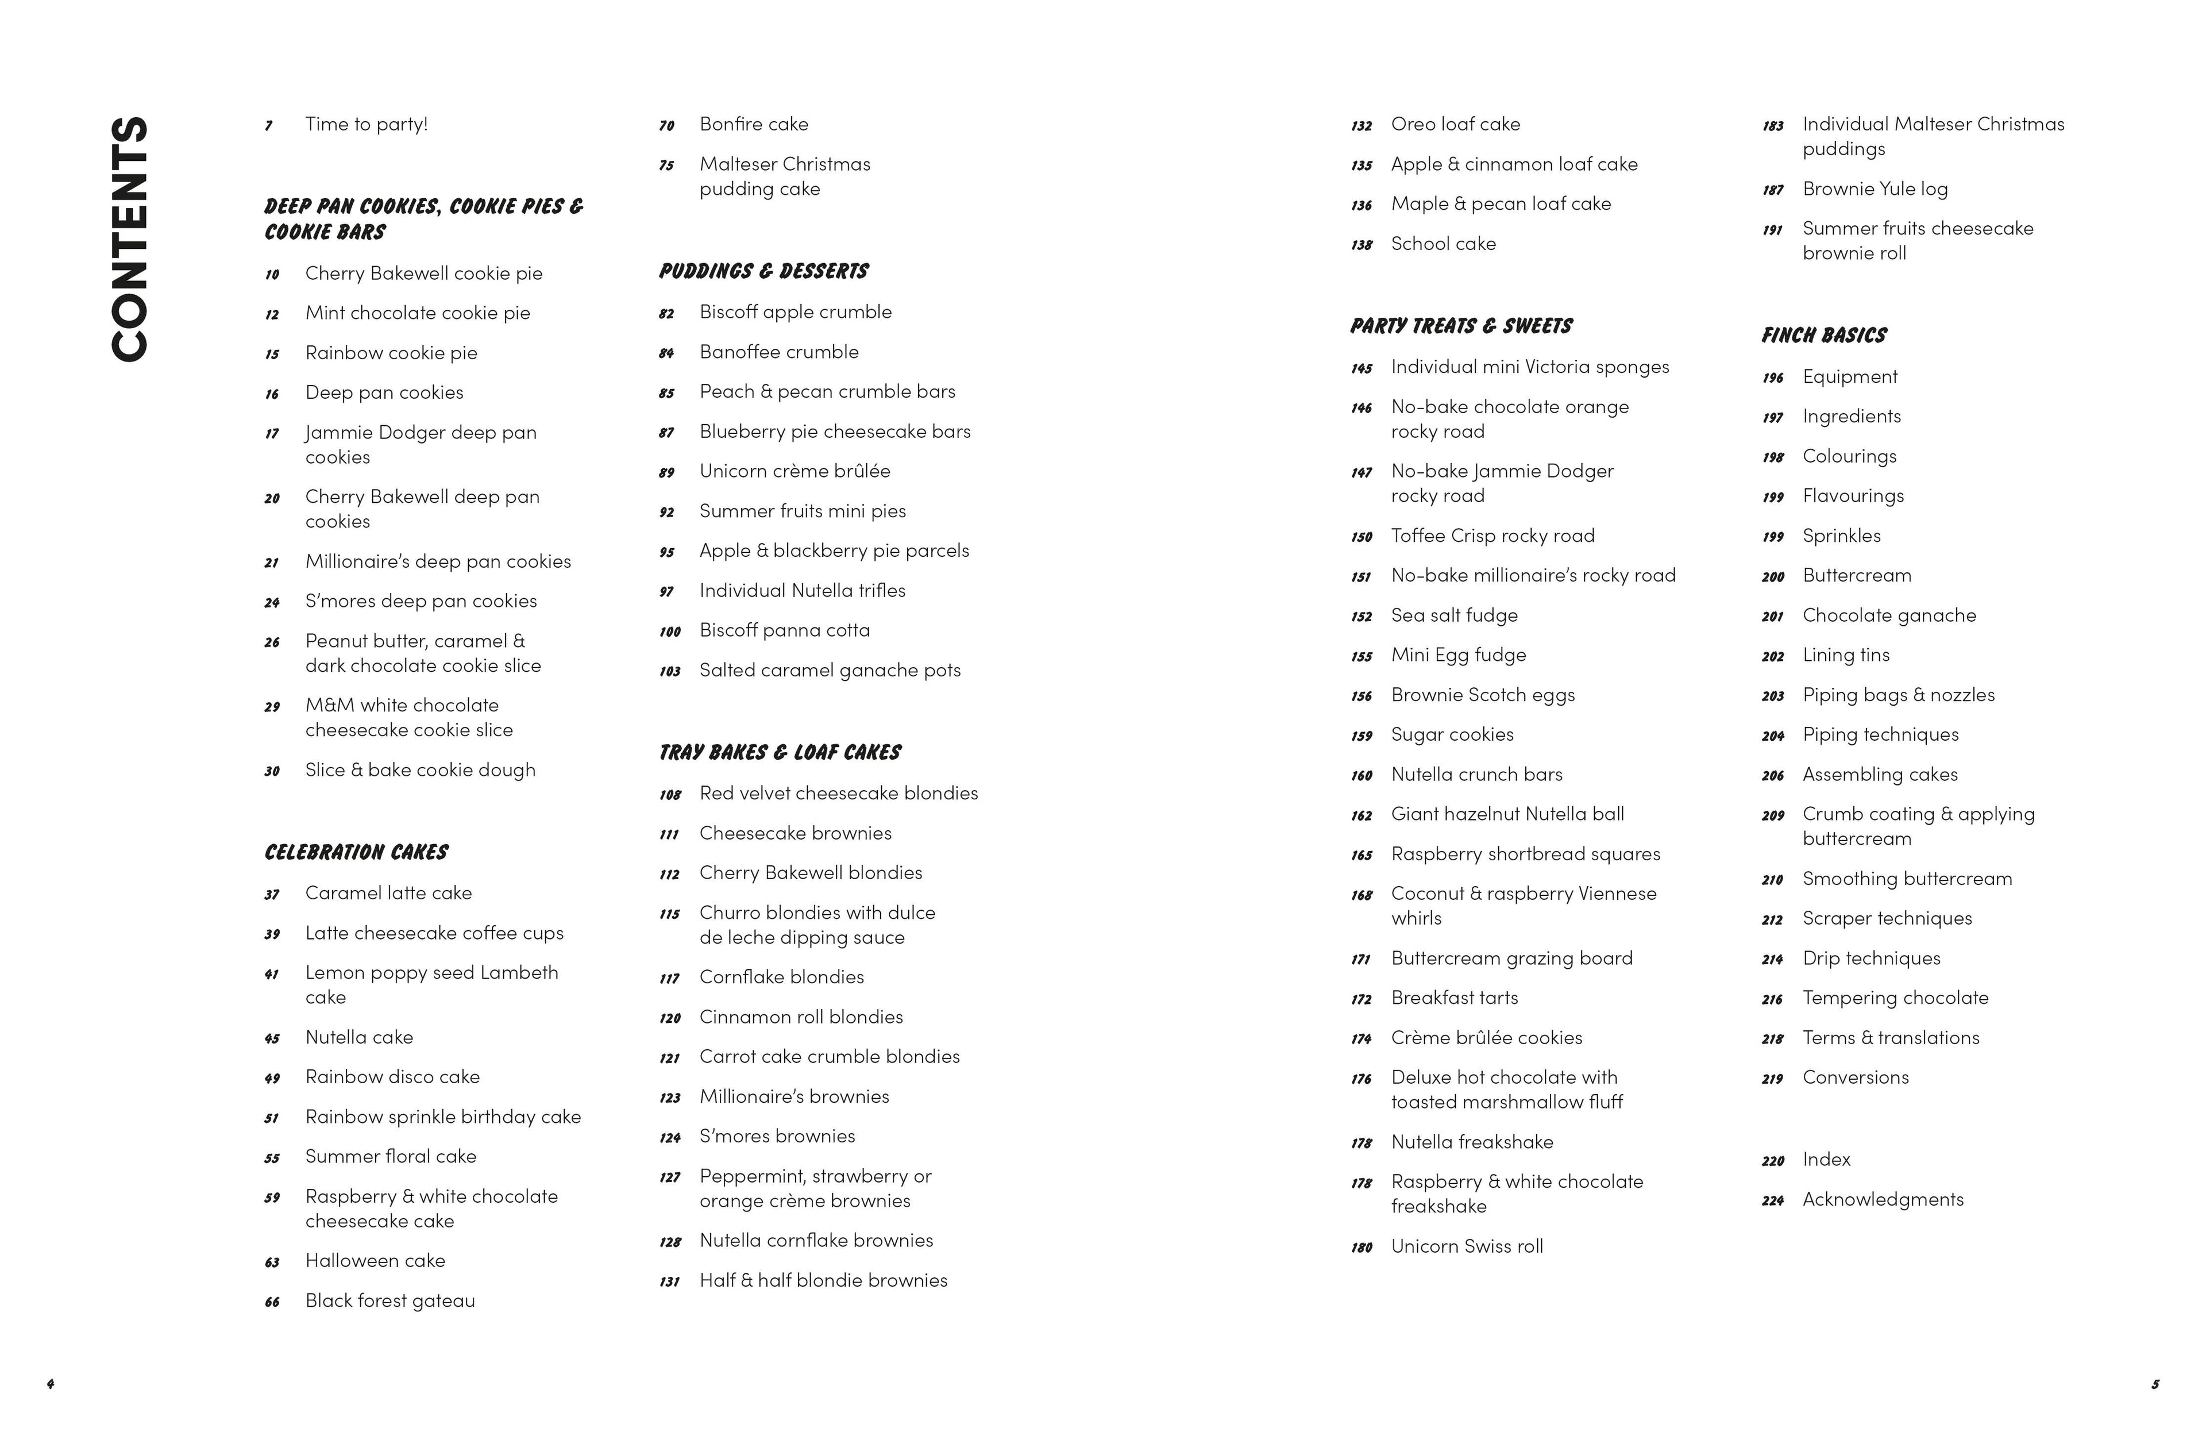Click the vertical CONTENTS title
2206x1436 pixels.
click(x=130, y=238)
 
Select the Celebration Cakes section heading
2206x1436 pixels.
click(x=356, y=852)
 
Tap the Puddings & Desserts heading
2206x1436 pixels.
click(x=763, y=271)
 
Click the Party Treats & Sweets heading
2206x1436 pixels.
click(x=1461, y=325)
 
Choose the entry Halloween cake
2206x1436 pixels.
click(x=375, y=1261)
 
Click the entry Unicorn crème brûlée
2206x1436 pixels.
click(x=795, y=471)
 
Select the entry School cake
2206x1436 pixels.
click(x=1443, y=244)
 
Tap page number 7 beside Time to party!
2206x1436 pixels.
click(x=269, y=126)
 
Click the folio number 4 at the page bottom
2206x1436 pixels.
click(x=50, y=1384)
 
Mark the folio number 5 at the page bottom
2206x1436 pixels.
click(x=2154, y=1384)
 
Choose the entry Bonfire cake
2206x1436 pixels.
click(x=754, y=124)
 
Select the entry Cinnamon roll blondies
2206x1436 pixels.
click(x=801, y=1017)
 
